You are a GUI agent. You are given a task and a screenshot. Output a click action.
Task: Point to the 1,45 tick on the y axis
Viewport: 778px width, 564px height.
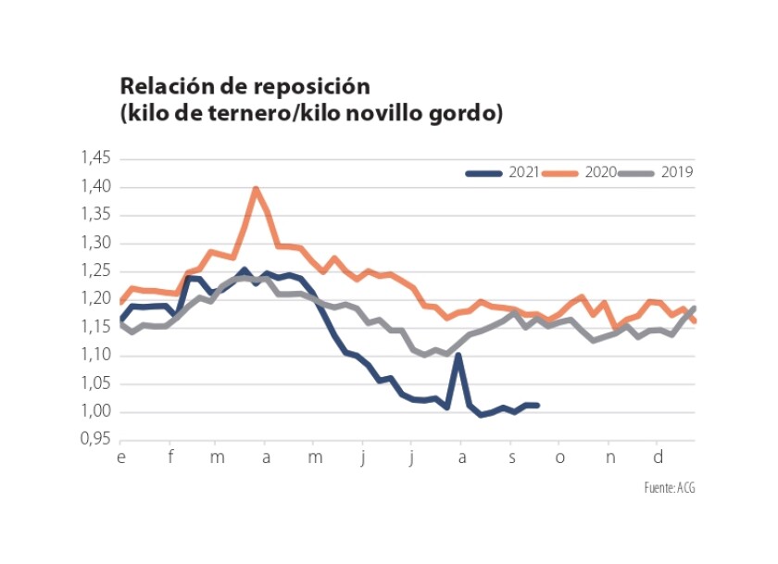click(x=95, y=159)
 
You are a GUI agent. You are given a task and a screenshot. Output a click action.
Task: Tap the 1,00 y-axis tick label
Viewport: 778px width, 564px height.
click(x=95, y=412)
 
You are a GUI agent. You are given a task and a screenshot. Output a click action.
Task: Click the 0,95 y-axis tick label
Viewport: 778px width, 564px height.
click(x=95, y=441)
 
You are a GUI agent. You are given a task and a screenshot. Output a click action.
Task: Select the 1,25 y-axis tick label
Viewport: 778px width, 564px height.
click(x=95, y=271)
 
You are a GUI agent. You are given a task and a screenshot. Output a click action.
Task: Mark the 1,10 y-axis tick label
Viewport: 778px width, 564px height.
click(x=95, y=356)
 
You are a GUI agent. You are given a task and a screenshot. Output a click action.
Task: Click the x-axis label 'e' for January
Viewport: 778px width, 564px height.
click(x=120, y=457)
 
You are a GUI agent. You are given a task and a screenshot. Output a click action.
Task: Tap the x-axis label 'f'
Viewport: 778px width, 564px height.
click(x=169, y=457)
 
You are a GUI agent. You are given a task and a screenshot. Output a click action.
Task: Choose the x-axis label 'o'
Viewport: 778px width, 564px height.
click(x=559, y=457)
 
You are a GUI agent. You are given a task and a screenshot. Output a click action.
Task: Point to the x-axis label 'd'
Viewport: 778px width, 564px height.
click(x=658, y=457)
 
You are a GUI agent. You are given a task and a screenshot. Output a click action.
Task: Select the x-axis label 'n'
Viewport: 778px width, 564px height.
click(x=609, y=457)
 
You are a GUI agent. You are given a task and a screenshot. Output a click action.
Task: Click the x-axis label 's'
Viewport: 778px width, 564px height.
click(x=511, y=457)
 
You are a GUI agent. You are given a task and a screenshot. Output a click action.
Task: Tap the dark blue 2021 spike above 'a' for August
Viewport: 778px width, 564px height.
click(x=458, y=356)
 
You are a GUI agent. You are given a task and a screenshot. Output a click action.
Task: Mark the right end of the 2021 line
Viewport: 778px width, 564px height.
click(x=537, y=405)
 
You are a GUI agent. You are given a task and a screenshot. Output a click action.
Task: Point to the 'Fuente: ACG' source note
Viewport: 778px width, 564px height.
click(x=669, y=487)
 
